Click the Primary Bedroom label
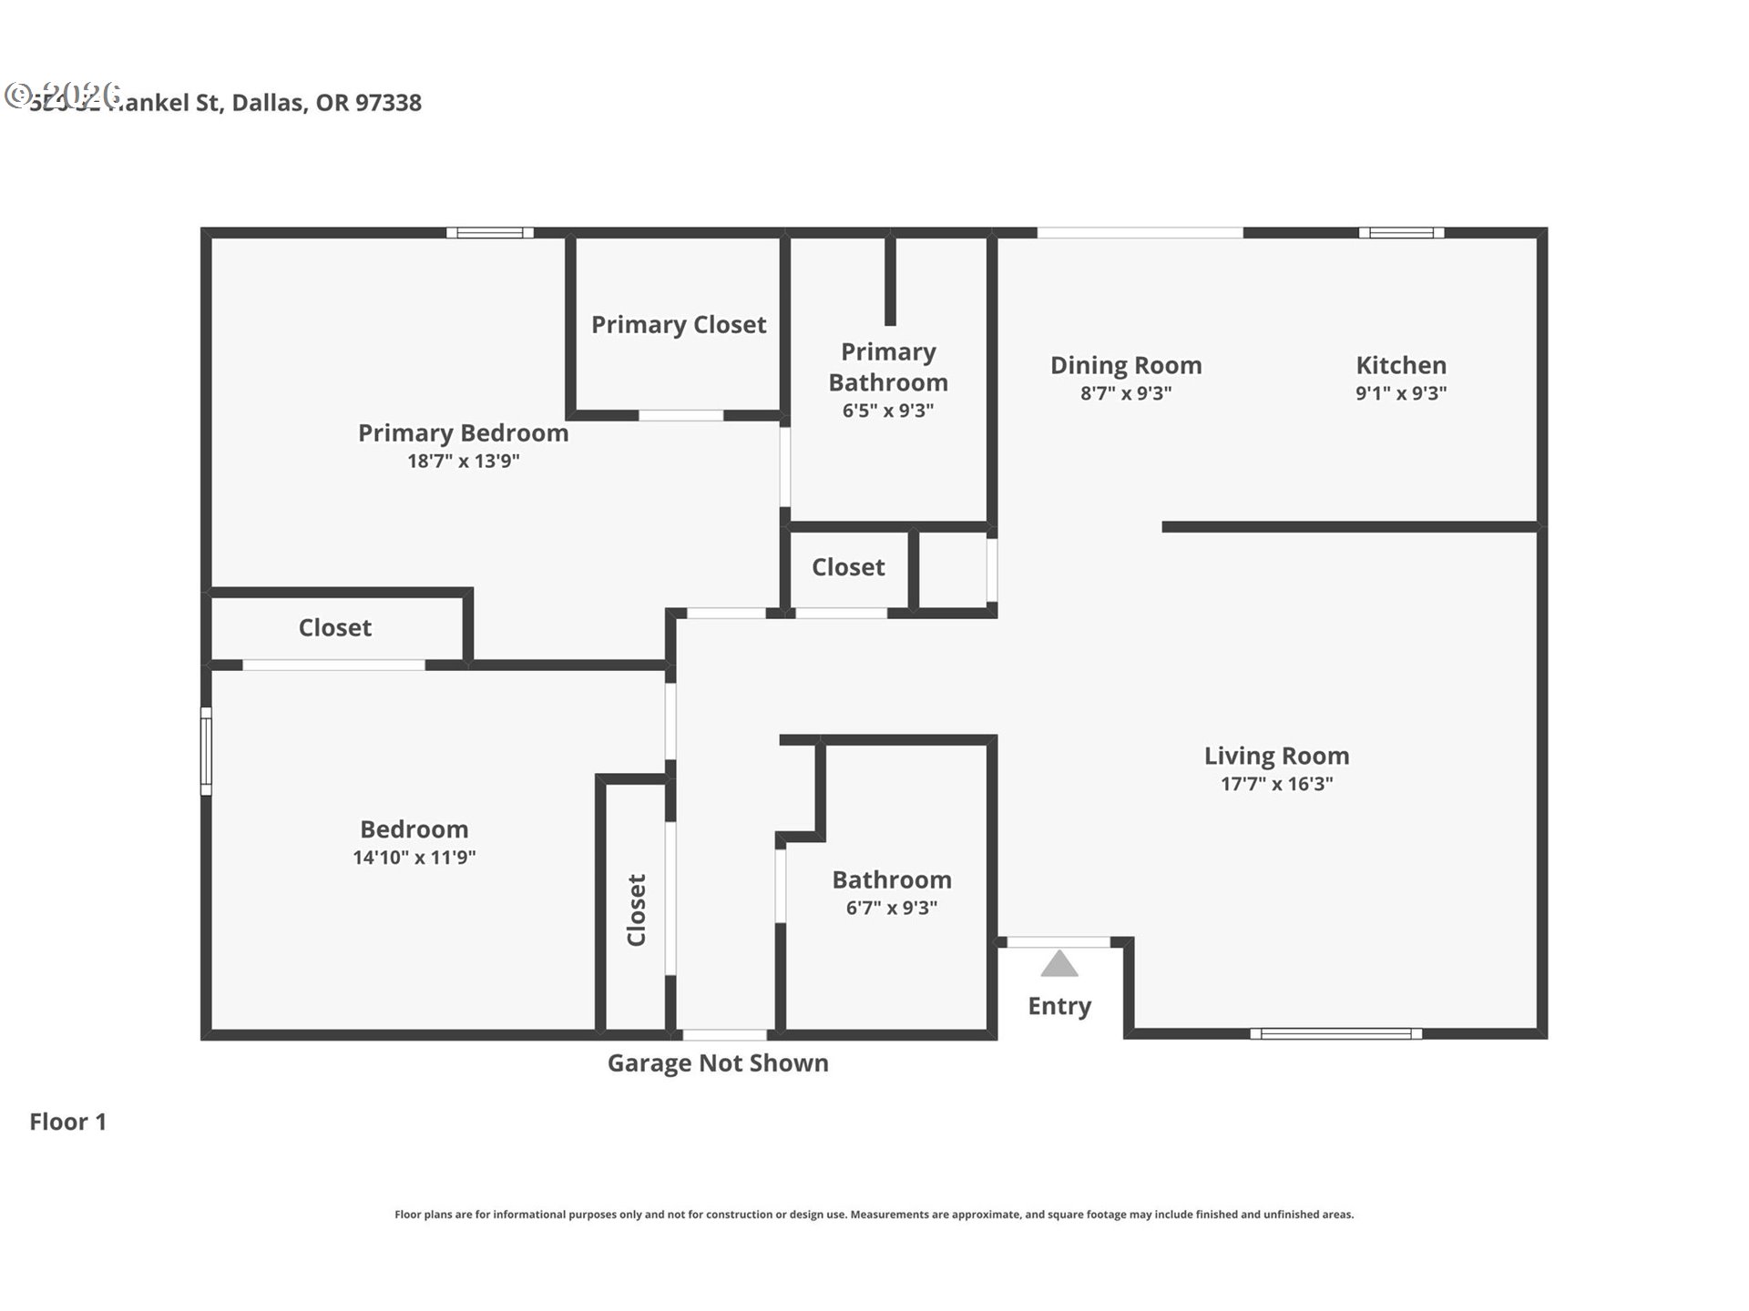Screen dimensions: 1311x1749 click(x=463, y=432)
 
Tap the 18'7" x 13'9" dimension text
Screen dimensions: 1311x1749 click(x=463, y=461)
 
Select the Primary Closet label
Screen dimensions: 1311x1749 click(x=679, y=324)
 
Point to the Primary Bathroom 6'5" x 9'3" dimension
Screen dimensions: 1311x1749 click(x=888, y=411)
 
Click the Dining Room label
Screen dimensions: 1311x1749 click(x=1126, y=365)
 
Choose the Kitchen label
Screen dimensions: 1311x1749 click(x=1401, y=365)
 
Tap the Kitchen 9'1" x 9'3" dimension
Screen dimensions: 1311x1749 click(x=1401, y=393)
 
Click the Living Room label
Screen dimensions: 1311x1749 click(x=1276, y=756)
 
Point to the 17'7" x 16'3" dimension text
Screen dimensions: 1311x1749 click(x=1276, y=784)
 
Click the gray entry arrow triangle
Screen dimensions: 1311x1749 click(x=1059, y=964)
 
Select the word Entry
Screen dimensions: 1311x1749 click(x=1059, y=1006)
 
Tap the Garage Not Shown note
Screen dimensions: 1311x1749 click(x=718, y=1063)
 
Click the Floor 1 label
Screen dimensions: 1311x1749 click(x=68, y=1122)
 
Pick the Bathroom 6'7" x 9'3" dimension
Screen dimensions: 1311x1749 click(x=891, y=908)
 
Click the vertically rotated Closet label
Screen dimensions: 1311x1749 click(x=636, y=910)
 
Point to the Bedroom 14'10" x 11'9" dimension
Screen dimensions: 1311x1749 click(x=414, y=858)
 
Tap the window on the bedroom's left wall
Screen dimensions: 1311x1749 click(x=206, y=751)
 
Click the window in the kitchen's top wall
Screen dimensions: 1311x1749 click(x=1401, y=233)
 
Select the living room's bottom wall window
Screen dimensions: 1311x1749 click(x=1335, y=1033)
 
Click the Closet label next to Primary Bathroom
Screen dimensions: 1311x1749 click(x=848, y=567)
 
